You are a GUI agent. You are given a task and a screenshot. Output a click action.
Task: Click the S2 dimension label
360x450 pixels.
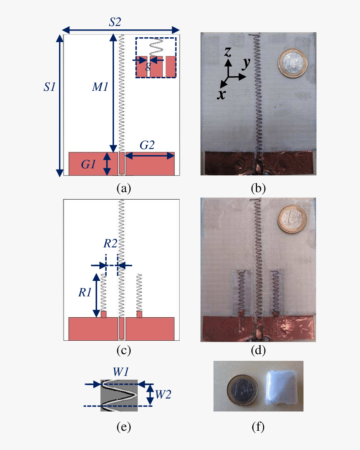click(x=115, y=22)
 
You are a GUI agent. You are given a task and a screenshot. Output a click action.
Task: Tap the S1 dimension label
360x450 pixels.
click(x=49, y=87)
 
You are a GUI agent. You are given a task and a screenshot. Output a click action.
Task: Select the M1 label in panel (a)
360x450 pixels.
click(x=100, y=87)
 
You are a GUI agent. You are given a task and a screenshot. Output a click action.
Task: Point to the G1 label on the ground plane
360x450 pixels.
click(x=88, y=164)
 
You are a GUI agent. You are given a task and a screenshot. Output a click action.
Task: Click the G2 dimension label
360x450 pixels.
click(x=147, y=145)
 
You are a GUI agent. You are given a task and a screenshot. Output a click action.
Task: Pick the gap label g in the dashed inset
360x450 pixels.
click(x=148, y=66)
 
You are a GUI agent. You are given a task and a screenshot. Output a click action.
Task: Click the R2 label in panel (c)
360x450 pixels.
click(x=110, y=243)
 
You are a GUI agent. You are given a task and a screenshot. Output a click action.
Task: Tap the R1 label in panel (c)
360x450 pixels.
click(x=85, y=293)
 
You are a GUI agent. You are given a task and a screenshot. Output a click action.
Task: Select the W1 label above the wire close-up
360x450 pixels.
click(x=121, y=372)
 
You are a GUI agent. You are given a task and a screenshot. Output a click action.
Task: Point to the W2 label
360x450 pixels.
click(x=163, y=395)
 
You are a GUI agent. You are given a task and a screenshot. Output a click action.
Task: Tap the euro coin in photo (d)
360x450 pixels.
click(x=292, y=219)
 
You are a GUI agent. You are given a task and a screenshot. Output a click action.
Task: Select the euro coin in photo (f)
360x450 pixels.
click(x=242, y=390)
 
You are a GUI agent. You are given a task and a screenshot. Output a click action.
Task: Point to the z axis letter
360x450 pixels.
click(x=228, y=52)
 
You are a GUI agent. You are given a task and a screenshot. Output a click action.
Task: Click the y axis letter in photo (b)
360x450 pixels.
click(x=246, y=64)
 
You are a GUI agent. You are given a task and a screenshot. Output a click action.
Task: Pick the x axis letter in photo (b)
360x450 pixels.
click(x=221, y=94)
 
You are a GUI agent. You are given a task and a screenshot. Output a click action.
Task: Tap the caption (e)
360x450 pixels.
click(x=124, y=427)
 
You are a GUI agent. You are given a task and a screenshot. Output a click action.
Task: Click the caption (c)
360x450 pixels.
click(x=124, y=350)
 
